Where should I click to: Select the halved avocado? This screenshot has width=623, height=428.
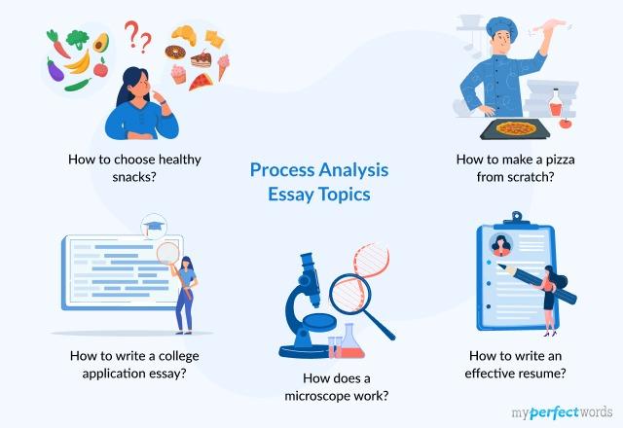tap(99, 44)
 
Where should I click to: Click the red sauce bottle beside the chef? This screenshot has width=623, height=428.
tap(555, 102)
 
